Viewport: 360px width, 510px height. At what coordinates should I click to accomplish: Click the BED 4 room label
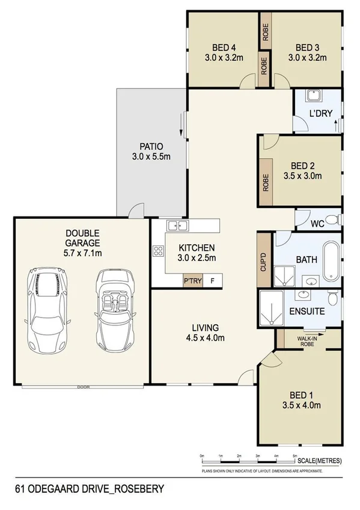pos(223,48)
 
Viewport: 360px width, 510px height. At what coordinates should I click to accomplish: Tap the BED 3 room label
pos(307,48)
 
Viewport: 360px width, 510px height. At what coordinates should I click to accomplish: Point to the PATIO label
pos(151,146)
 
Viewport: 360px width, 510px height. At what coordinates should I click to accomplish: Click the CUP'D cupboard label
pos(263,260)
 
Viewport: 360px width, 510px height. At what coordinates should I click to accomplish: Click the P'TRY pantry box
pos(193,281)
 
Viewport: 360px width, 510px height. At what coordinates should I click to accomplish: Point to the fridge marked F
pos(212,281)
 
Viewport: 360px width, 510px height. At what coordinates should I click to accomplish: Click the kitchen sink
pos(177,226)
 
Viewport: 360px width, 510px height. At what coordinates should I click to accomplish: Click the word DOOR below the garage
pos(83,387)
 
